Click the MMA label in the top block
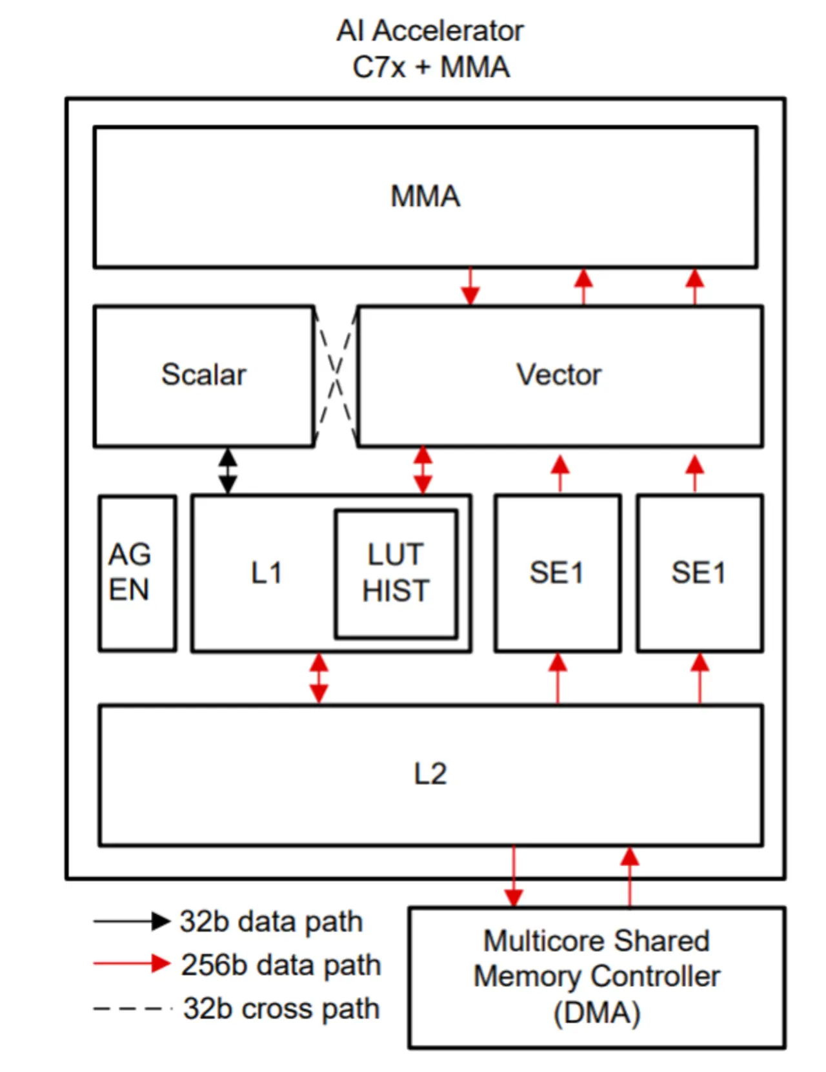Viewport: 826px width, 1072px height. point(425,196)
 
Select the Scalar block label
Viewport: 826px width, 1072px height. point(204,375)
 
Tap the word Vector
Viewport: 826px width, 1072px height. point(559,375)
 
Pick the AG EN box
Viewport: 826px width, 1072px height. point(137,573)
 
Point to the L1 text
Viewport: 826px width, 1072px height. point(267,573)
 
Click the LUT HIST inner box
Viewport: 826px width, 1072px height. point(396,573)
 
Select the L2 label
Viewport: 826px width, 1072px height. point(430,774)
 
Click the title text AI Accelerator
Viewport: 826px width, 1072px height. point(430,30)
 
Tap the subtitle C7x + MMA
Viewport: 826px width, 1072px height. point(431,67)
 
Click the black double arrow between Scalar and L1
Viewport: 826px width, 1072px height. point(227,471)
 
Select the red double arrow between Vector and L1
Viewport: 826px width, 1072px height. point(423,470)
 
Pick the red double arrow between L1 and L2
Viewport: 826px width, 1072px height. point(319,678)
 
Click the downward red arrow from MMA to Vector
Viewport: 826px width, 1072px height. point(470,285)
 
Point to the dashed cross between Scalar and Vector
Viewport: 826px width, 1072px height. point(336,376)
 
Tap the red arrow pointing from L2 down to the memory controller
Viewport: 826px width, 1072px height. point(514,876)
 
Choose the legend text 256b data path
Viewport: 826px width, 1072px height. point(281,965)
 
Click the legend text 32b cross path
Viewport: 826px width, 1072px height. point(281,1009)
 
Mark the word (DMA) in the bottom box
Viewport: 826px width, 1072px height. point(597,1013)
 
